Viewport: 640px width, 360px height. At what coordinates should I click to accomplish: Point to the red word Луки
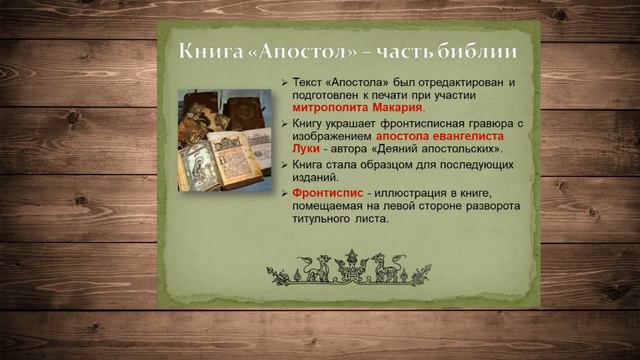pos(306,148)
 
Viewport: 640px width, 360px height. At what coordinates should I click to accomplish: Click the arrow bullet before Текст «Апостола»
pos(285,80)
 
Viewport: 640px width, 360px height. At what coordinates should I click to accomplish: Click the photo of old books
pos(225,141)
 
